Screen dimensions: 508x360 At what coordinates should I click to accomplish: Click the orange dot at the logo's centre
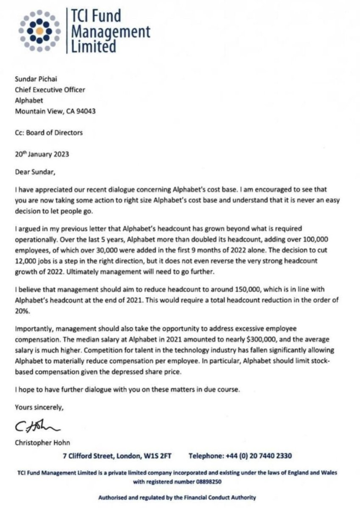click(x=39, y=30)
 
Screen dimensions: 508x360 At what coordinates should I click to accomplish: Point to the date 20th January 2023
click(x=42, y=153)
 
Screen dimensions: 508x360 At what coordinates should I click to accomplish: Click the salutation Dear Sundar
click(x=35, y=172)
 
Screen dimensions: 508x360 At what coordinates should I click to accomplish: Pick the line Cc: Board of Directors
click(x=49, y=133)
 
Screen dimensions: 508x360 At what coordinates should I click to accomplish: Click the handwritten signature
click(x=38, y=425)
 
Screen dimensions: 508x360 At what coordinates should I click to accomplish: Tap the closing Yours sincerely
click(x=39, y=406)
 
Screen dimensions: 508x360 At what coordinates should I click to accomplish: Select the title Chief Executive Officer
click(x=50, y=89)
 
